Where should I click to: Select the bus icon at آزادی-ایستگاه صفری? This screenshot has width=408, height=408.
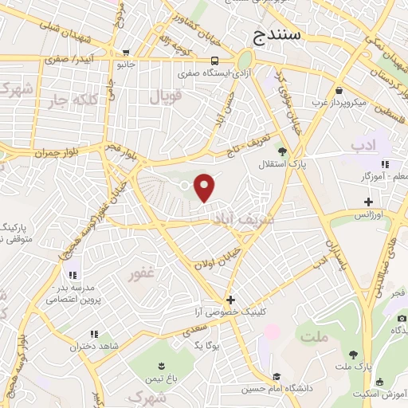coord(214,61)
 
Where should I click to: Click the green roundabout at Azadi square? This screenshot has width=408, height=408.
coord(244,61)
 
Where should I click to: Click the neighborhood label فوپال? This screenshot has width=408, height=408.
coord(167,97)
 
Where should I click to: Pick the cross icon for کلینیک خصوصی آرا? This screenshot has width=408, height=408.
coord(230,300)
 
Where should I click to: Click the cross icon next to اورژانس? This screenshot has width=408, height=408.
coord(368,202)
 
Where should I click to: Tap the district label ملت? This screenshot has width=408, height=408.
coord(315,336)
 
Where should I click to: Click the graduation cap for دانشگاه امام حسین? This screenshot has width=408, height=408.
coord(277,377)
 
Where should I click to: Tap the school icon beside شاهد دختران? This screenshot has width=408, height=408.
coord(93,335)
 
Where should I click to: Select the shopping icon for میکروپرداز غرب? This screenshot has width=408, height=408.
coord(340,90)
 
